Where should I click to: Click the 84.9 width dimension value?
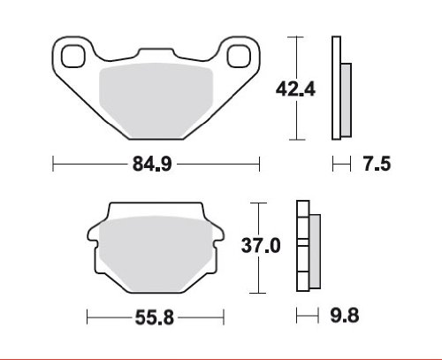[152, 164]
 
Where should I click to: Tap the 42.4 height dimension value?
[295, 88]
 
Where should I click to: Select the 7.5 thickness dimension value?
[377, 164]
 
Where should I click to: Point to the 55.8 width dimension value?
[154, 318]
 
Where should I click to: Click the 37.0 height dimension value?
[261, 246]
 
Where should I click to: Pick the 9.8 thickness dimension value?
[344, 316]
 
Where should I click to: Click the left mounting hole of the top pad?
[73, 56]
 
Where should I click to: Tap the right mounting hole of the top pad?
[239, 56]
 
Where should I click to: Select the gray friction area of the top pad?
[156, 100]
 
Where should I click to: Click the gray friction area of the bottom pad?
[156, 254]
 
